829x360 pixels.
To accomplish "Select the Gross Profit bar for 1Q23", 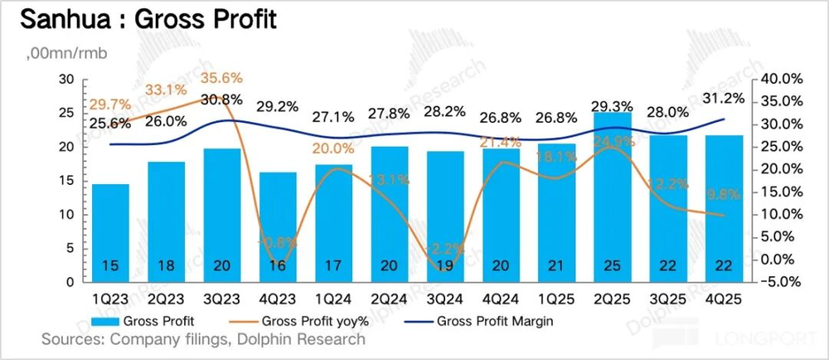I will (111, 233).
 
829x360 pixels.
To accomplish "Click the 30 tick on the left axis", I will (67, 79).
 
